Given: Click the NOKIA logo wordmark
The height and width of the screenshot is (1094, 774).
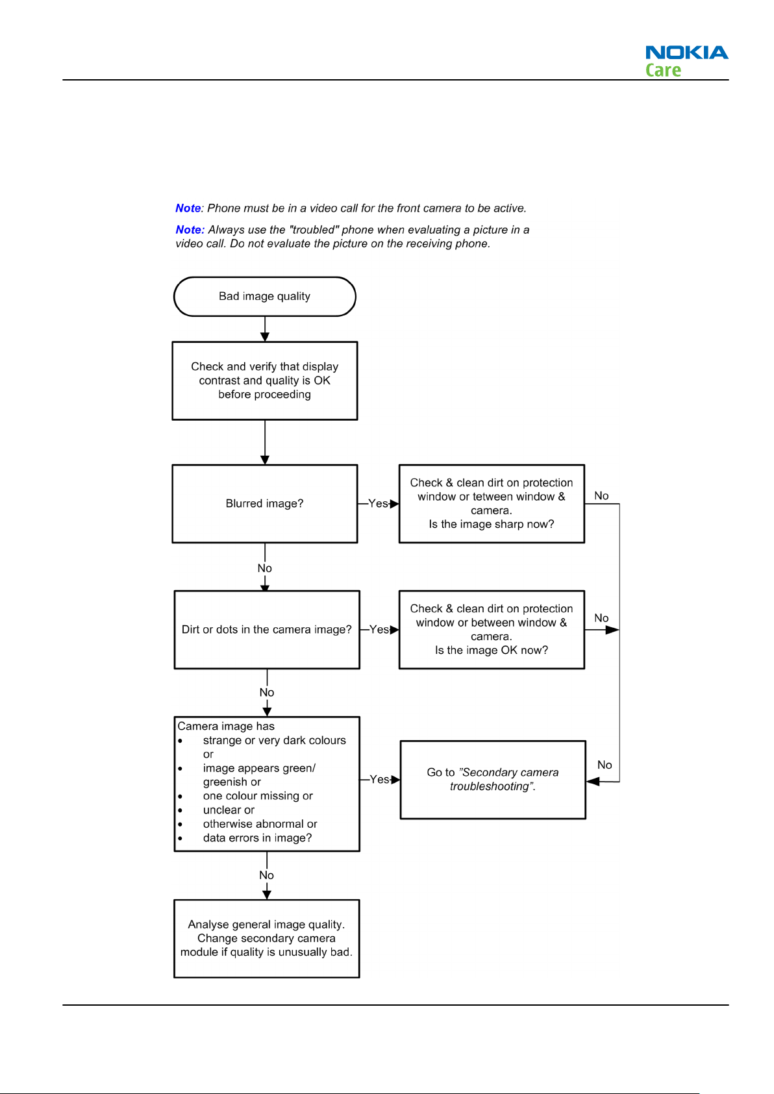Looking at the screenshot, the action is pyautogui.click(x=686, y=53).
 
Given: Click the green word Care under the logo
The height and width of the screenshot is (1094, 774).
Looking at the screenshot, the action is pyautogui.click(x=663, y=70).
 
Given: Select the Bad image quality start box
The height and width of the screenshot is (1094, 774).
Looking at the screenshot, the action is pyautogui.click(x=265, y=297).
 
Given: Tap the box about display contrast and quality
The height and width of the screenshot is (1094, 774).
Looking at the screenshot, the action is pyautogui.click(x=265, y=380).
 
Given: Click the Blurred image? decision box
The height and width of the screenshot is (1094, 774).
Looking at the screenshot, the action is pyautogui.click(x=265, y=504).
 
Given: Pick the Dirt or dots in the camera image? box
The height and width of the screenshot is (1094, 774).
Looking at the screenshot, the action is pyautogui.click(x=267, y=630).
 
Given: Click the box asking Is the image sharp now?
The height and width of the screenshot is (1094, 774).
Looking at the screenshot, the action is pyautogui.click(x=492, y=504).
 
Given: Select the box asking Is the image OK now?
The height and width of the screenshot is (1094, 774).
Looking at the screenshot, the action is pyautogui.click(x=492, y=630).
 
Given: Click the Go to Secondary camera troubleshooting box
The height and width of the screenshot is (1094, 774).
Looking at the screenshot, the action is pyautogui.click(x=493, y=780).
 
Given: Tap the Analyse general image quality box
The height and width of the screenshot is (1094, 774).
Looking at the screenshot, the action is pyautogui.click(x=267, y=938).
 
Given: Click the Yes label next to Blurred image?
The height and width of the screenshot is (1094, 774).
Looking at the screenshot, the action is pyautogui.click(x=378, y=504).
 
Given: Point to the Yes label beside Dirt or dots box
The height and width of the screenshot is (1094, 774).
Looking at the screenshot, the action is pyautogui.click(x=379, y=630).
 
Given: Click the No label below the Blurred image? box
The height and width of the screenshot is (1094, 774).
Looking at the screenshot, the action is pyautogui.click(x=265, y=568).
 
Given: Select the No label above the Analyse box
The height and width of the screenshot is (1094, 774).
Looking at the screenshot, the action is pyautogui.click(x=266, y=875).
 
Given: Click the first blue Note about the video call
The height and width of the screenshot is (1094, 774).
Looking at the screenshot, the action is pyautogui.click(x=188, y=208).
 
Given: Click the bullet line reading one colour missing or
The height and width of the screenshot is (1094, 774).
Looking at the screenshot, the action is pyautogui.click(x=258, y=795).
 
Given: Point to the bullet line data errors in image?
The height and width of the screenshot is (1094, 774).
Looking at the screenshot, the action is pyautogui.click(x=257, y=838).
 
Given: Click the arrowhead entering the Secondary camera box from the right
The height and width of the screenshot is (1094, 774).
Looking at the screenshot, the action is pyautogui.click(x=593, y=782).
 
